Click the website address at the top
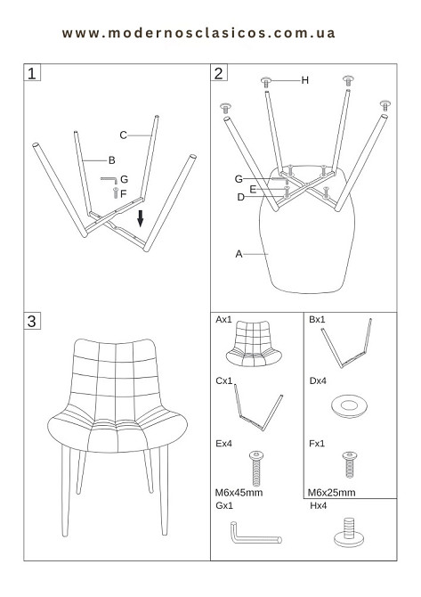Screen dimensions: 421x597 tap(198, 33)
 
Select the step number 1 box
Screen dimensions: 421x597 tap(32, 73)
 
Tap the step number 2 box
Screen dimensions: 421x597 tap(219, 73)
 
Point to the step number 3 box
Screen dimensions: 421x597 tap(32, 321)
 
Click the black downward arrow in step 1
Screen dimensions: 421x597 tap(141, 218)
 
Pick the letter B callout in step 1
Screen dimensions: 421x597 tap(112, 160)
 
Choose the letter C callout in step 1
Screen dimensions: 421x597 tap(123, 135)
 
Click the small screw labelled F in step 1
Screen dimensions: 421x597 tap(116, 192)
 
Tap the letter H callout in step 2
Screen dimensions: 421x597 tap(304, 80)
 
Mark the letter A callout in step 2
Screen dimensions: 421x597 tap(239, 254)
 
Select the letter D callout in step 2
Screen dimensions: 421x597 tap(240, 197)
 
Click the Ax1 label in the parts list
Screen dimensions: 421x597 tap(223, 320)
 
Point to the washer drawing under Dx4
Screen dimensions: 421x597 tap(349, 406)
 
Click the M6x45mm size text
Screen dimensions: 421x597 tap(239, 493)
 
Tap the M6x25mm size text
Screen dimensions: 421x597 tap(332, 493)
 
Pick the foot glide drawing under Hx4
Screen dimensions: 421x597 tap(349, 533)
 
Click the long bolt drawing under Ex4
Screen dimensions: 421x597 tap(256, 469)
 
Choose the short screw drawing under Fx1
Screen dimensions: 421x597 tap(350, 465)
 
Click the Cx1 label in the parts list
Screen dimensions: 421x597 tap(224, 381)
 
